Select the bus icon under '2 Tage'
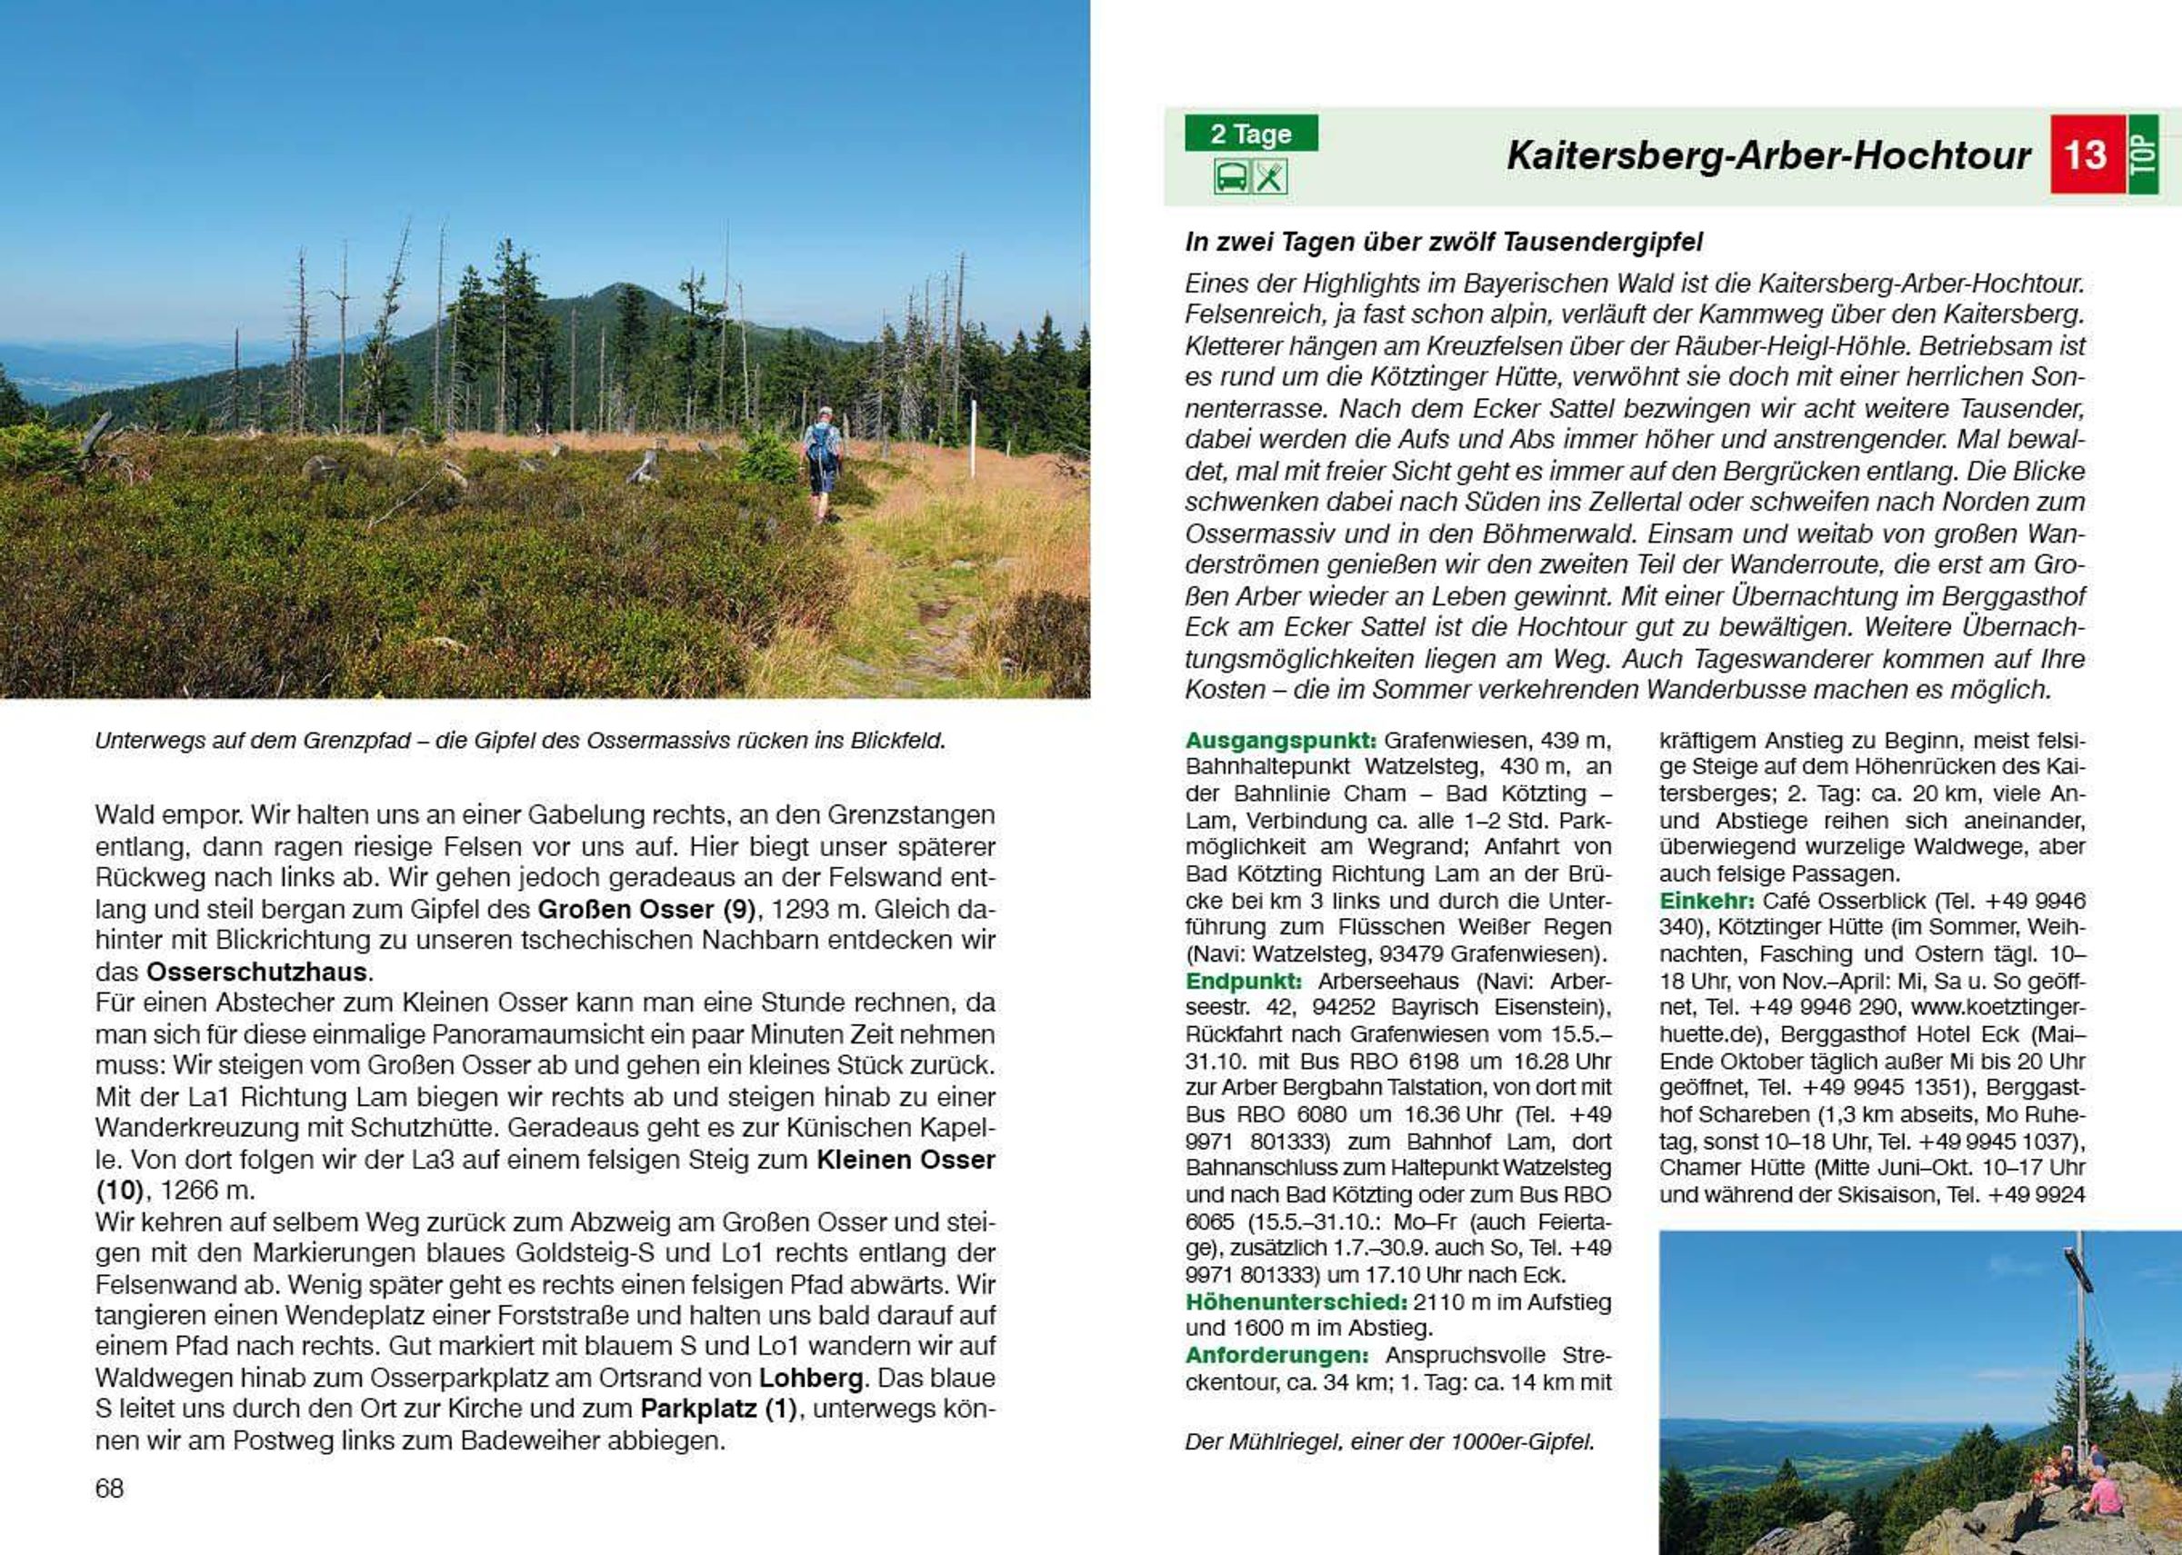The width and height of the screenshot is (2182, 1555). pyautogui.click(x=1231, y=177)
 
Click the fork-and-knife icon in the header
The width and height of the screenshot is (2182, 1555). pyautogui.click(x=1270, y=177)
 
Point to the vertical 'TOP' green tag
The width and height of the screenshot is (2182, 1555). pyautogui.click(x=2143, y=155)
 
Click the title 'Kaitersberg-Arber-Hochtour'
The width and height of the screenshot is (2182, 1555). pyautogui.click(x=1768, y=155)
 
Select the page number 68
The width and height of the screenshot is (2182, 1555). pyautogui.click(x=109, y=1488)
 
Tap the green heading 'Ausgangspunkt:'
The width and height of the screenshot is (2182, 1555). pyautogui.click(x=1281, y=740)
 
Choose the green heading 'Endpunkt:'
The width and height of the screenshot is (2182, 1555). pyautogui.click(x=1244, y=982)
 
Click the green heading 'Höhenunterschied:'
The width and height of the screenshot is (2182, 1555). pyautogui.click(x=1295, y=1302)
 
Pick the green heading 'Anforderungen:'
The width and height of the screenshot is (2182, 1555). pyautogui.click(x=1276, y=1356)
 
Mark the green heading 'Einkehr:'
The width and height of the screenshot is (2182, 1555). pyautogui.click(x=1707, y=901)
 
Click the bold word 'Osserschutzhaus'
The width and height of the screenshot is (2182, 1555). pyautogui.click(x=256, y=972)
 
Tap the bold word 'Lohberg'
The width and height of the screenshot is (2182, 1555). pyautogui.click(x=811, y=1379)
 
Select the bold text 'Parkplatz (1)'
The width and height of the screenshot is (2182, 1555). pyautogui.click(x=718, y=1410)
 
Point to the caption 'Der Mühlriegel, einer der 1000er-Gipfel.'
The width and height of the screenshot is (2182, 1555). pyautogui.click(x=1390, y=1442)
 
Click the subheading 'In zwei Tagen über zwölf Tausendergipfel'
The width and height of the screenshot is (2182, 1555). pyautogui.click(x=1444, y=242)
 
